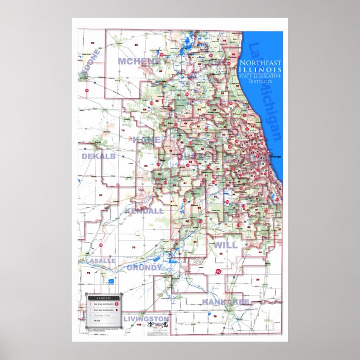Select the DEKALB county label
pyautogui.click(x=98, y=157)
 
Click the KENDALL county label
pyautogui.click(x=144, y=211)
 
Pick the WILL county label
pyautogui.click(x=225, y=245)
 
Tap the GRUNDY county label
pyautogui.click(x=144, y=268)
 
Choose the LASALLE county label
pyautogui.click(x=100, y=260)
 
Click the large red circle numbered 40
pyautogui.click(x=218, y=272)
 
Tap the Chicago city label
pyautogui.click(x=276, y=157)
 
